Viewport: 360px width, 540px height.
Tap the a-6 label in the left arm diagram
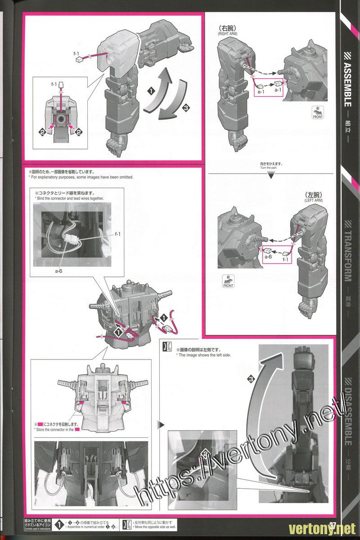(x=268, y=256)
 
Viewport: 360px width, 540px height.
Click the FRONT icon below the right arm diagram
(x=317, y=113)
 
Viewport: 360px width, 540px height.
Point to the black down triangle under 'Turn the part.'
(x=270, y=175)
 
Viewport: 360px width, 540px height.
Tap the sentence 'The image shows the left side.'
(x=203, y=355)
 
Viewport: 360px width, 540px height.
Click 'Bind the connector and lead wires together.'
(x=69, y=198)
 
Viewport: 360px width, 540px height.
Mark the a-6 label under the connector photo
(x=58, y=272)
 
